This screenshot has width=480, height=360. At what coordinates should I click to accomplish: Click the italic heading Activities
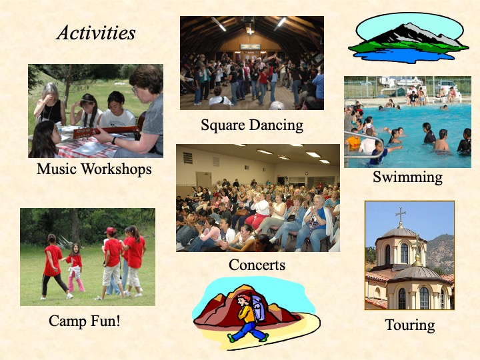click(x=96, y=33)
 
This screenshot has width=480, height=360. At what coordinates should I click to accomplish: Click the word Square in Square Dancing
click(x=223, y=125)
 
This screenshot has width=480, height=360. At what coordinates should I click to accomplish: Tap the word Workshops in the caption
click(x=116, y=169)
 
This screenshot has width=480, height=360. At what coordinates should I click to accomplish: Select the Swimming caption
click(x=408, y=177)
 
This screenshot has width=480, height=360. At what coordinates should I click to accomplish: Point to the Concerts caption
click(x=257, y=265)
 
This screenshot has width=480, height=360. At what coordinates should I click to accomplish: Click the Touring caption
click(x=410, y=326)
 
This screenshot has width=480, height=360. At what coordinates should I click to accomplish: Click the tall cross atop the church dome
click(x=401, y=214)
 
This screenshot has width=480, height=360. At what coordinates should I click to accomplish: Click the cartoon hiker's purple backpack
click(x=258, y=307)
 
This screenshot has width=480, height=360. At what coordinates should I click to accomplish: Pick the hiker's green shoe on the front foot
click(x=232, y=339)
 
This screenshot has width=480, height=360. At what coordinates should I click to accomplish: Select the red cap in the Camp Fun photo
click(x=111, y=231)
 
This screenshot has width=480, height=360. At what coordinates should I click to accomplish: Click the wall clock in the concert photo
click(x=307, y=173)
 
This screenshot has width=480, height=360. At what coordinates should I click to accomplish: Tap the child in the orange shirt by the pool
click(x=354, y=141)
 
